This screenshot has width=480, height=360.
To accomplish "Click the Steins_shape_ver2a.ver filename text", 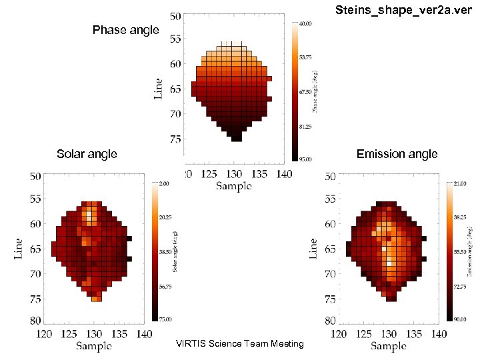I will pyautogui.click(x=407, y=10).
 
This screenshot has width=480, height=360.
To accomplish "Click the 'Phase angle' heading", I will pyautogui.click(x=126, y=30).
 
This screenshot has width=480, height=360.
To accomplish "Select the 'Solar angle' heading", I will pyautogui.click(x=87, y=154).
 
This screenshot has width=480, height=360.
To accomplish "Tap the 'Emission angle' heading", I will pyautogui.click(x=397, y=154).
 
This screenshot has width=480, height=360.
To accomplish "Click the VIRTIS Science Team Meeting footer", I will pyautogui.click(x=239, y=343).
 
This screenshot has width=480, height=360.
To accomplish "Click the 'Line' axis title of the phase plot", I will pyautogui.click(x=158, y=87).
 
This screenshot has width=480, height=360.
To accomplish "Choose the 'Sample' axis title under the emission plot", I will pyautogui.click(x=388, y=345).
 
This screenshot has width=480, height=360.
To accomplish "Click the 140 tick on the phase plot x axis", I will pyautogui.click(x=285, y=174).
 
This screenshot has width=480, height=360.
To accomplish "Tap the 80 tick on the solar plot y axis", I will pyautogui.click(x=35, y=320).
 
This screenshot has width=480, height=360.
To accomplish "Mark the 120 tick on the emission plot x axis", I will pyautogui.click(x=341, y=333).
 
